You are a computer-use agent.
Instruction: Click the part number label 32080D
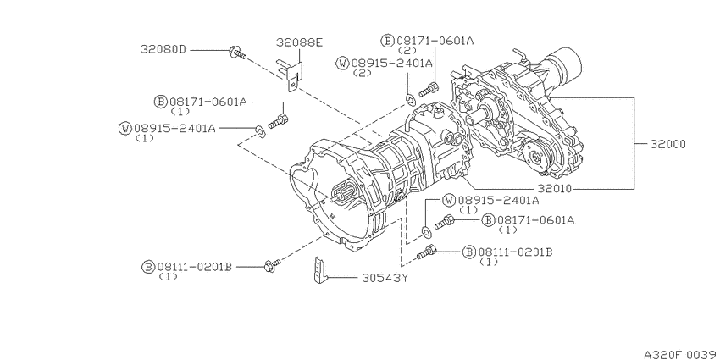click(163, 50)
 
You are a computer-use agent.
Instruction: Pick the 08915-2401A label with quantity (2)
click(391, 62)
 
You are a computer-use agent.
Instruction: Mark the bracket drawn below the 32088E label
click(291, 71)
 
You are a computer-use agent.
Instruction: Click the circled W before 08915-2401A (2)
click(342, 63)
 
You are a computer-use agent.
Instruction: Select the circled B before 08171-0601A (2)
click(387, 40)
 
